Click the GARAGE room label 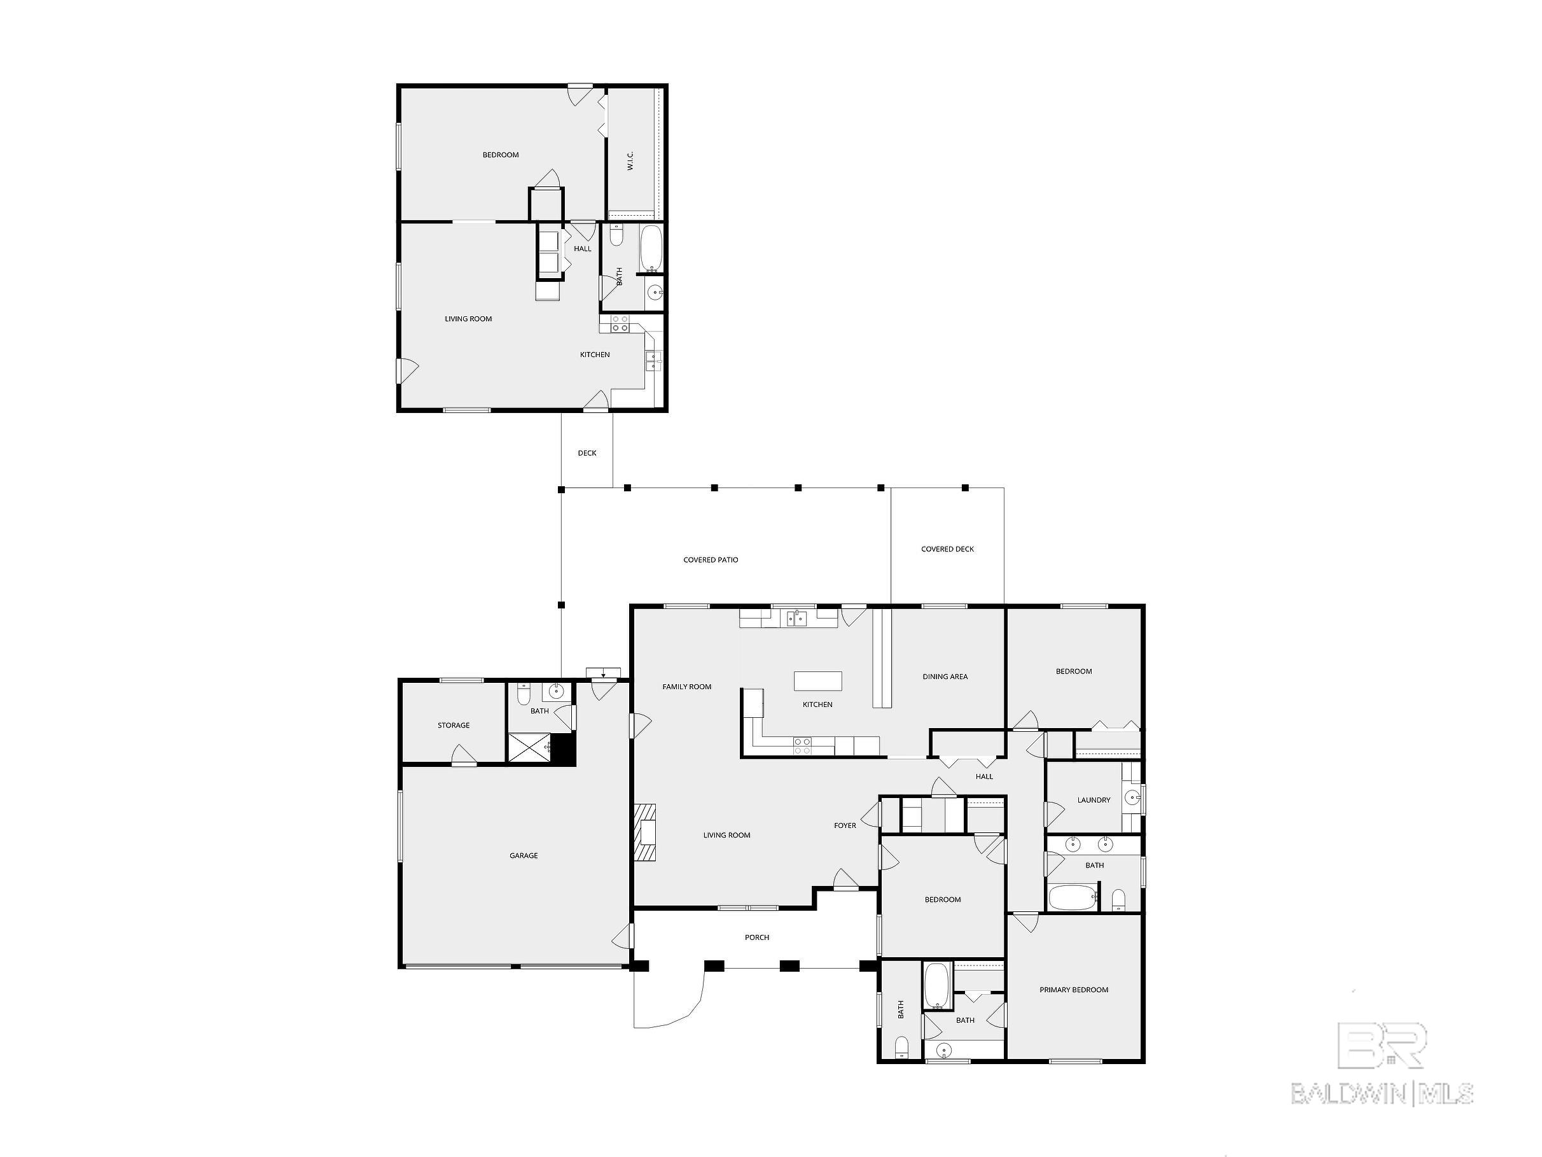click(524, 856)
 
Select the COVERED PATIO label click(711, 560)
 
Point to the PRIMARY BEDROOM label click(1074, 990)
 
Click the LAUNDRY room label click(1094, 800)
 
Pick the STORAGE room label click(454, 726)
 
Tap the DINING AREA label click(945, 677)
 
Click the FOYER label click(845, 825)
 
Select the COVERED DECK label click(947, 549)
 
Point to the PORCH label click(757, 937)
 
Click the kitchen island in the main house click(817, 681)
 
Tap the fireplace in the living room click(645, 832)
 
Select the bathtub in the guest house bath click(651, 249)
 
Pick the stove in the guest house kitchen click(620, 323)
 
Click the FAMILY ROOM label click(686, 687)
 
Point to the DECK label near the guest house click(587, 453)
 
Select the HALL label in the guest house click(582, 249)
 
